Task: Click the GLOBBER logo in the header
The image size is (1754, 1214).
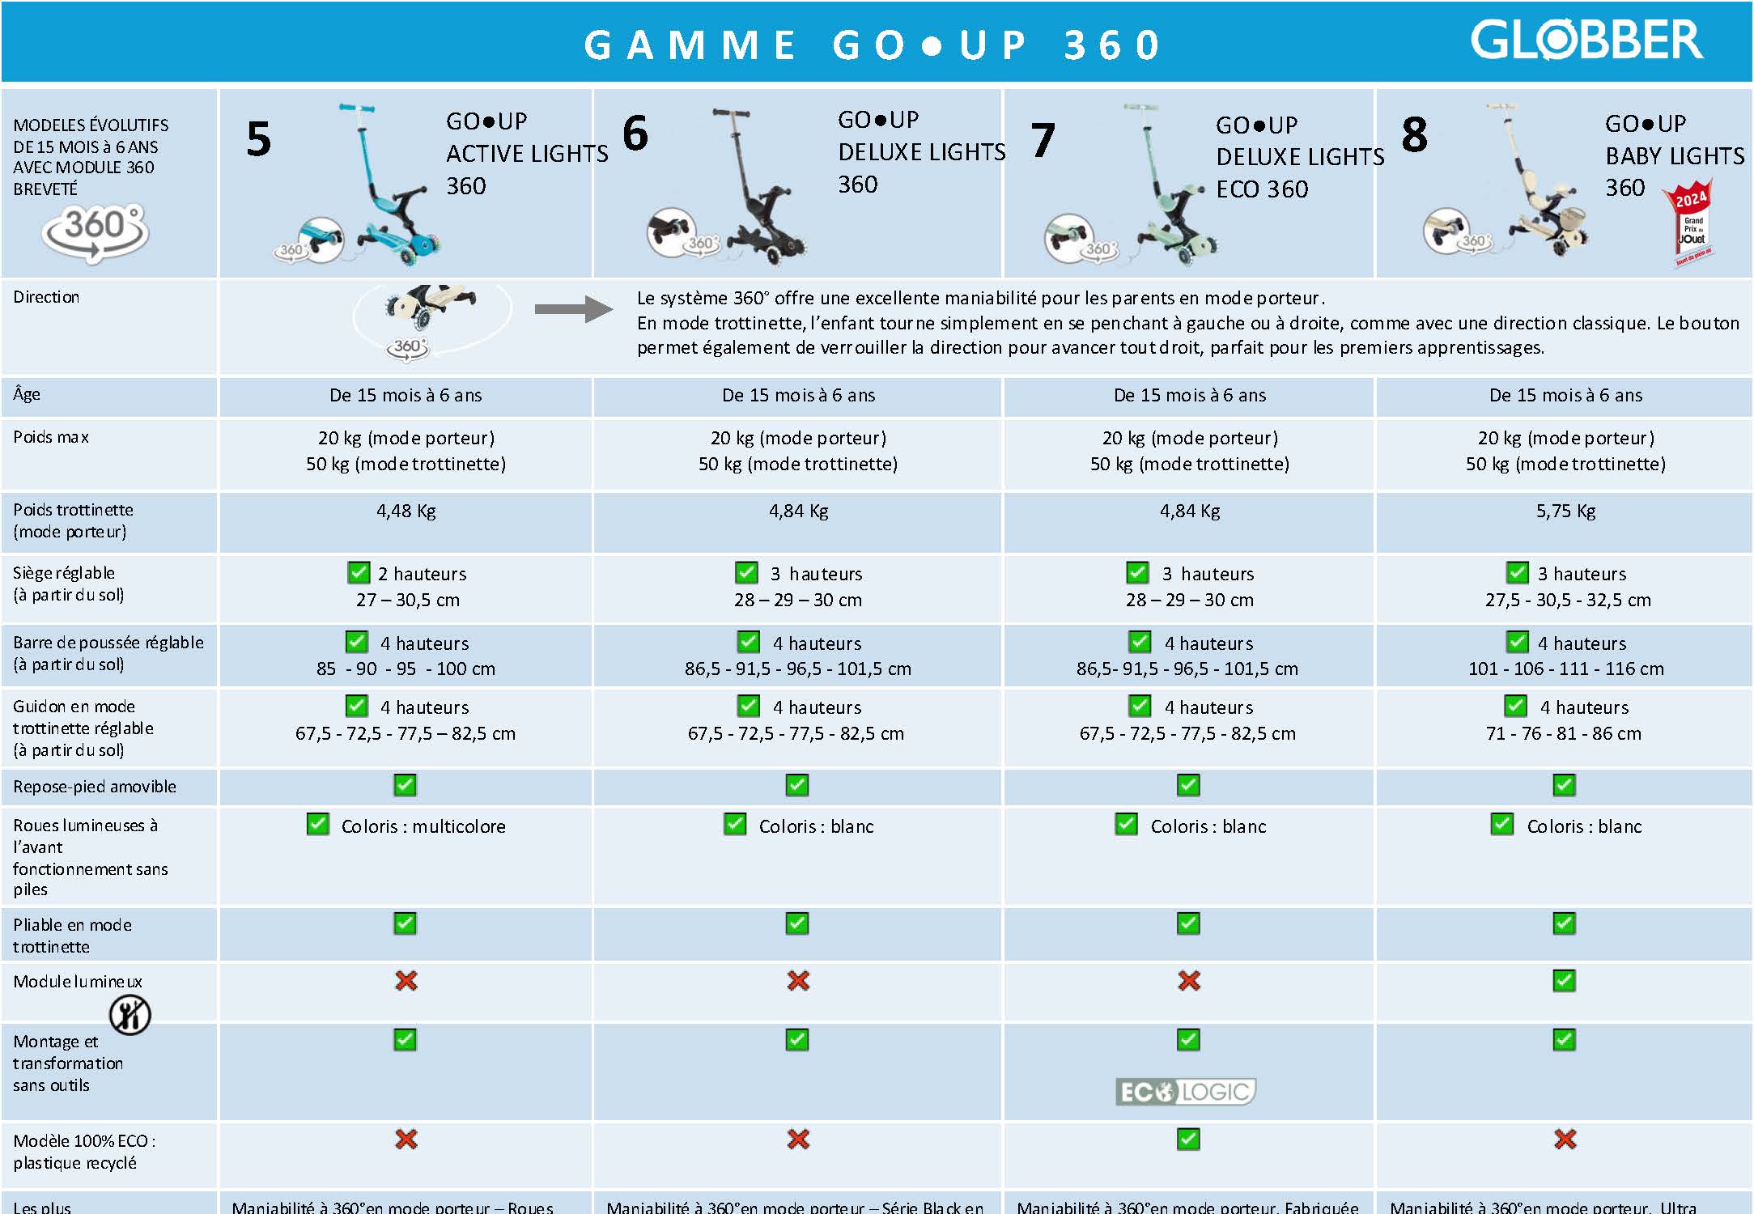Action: point(1586,40)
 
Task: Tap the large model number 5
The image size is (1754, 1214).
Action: point(258,138)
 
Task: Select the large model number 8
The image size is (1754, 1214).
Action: point(1414,134)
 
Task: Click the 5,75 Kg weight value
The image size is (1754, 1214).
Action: point(1565,511)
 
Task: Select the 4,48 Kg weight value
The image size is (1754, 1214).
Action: point(406,511)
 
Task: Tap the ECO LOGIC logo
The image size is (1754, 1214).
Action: point(1186,1092)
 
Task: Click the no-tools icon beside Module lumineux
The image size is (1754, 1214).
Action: point(130,1014)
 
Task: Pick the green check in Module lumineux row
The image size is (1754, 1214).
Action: point(1564,981)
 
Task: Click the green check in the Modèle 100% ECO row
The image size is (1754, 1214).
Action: point(1188,1140)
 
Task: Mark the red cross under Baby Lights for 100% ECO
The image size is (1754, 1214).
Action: point(1565,1140)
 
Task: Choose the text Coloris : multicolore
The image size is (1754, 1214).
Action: point(423,826)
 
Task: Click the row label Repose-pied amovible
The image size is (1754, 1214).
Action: point(95,787)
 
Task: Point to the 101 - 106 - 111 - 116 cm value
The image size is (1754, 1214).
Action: point(1565,669)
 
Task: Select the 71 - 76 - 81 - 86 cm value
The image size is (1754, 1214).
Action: point(1564,734)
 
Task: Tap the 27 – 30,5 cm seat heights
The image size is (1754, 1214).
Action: point(407,601)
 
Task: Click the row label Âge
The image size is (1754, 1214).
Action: point(27,395)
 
